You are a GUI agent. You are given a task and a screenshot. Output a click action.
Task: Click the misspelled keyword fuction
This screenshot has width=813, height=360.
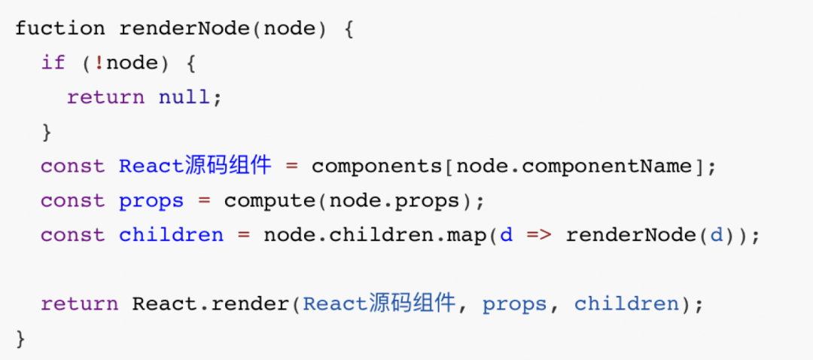(59, 29)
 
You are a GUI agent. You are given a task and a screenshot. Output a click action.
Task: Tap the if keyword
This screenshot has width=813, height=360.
(53, 63)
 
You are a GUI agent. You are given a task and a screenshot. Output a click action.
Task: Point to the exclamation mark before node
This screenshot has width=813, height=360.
(99, 63)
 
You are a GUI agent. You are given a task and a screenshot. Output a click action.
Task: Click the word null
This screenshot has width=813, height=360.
(184, 97)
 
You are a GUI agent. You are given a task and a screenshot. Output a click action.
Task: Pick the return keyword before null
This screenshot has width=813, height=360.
(105, 97)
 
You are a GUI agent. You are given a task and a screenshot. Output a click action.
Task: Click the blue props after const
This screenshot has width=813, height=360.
(151, 201)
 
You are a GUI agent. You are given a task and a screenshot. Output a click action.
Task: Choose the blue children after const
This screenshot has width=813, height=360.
(171, 235)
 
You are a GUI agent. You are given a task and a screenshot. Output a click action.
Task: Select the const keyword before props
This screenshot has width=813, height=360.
(73, 201)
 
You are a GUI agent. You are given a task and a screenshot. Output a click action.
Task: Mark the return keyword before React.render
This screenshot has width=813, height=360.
(79, 304)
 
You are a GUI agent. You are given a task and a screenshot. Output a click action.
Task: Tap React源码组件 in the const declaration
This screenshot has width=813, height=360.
(195, 166)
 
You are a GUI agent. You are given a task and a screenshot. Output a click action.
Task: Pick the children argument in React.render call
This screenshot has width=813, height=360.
(626, 304)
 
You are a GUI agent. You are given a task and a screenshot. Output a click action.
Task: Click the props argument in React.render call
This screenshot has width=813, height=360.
(515, 304)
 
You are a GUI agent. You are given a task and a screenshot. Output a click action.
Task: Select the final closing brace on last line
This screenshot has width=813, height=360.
(20, 339)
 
